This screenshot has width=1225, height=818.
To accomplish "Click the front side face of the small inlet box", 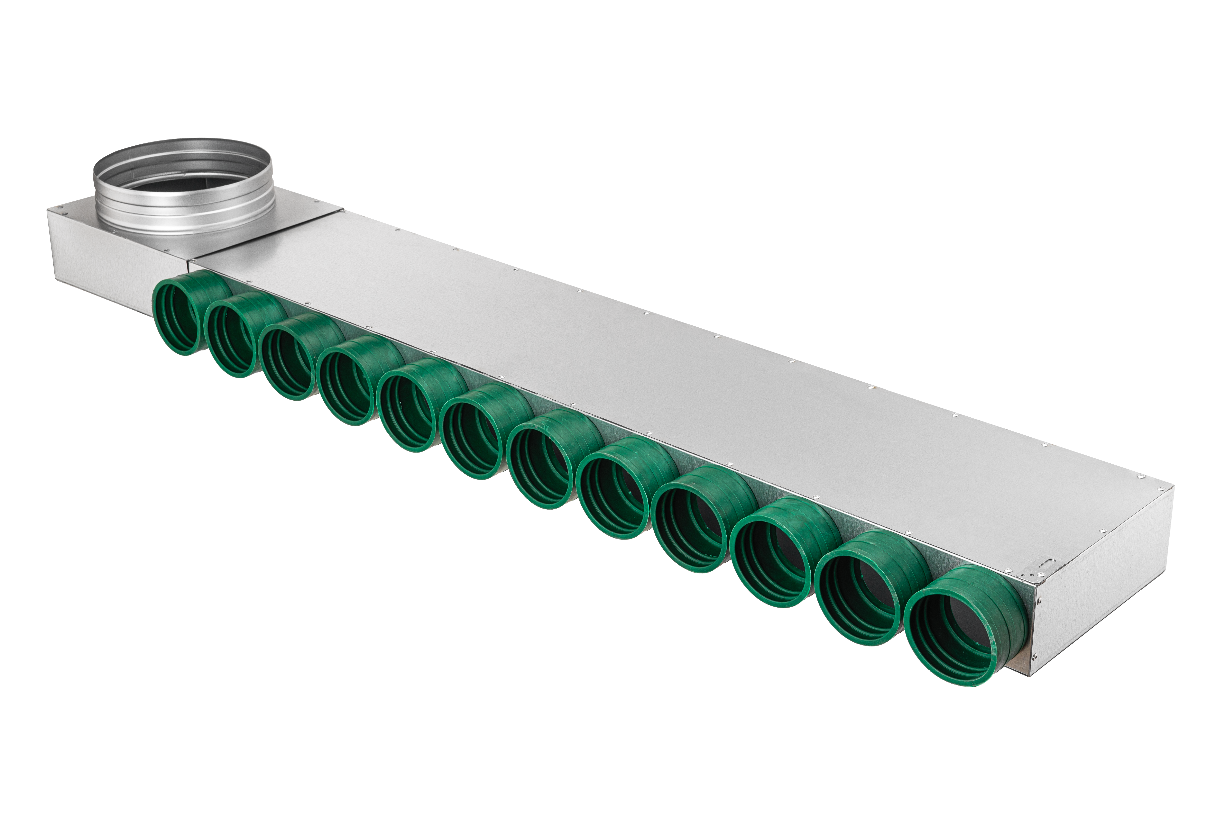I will pos(104,250).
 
